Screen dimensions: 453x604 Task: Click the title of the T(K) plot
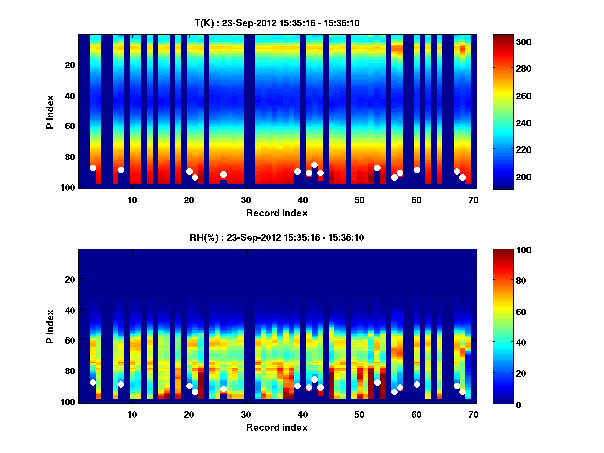(x=277, y=23)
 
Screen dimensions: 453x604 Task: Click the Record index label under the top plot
(x=277, y=213)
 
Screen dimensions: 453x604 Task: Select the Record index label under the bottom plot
(x=277, y=427)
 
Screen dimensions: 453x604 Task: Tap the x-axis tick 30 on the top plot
(x=246, y=200)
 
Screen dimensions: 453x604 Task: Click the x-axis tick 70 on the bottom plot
(x=473, y=414)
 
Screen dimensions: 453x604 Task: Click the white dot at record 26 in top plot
(x=223, y=174)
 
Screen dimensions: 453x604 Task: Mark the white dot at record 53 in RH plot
(x=377, y=382)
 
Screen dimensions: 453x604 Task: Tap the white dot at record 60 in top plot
(x=417, y=170)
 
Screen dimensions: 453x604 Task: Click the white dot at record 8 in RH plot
(x=121, y=384)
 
